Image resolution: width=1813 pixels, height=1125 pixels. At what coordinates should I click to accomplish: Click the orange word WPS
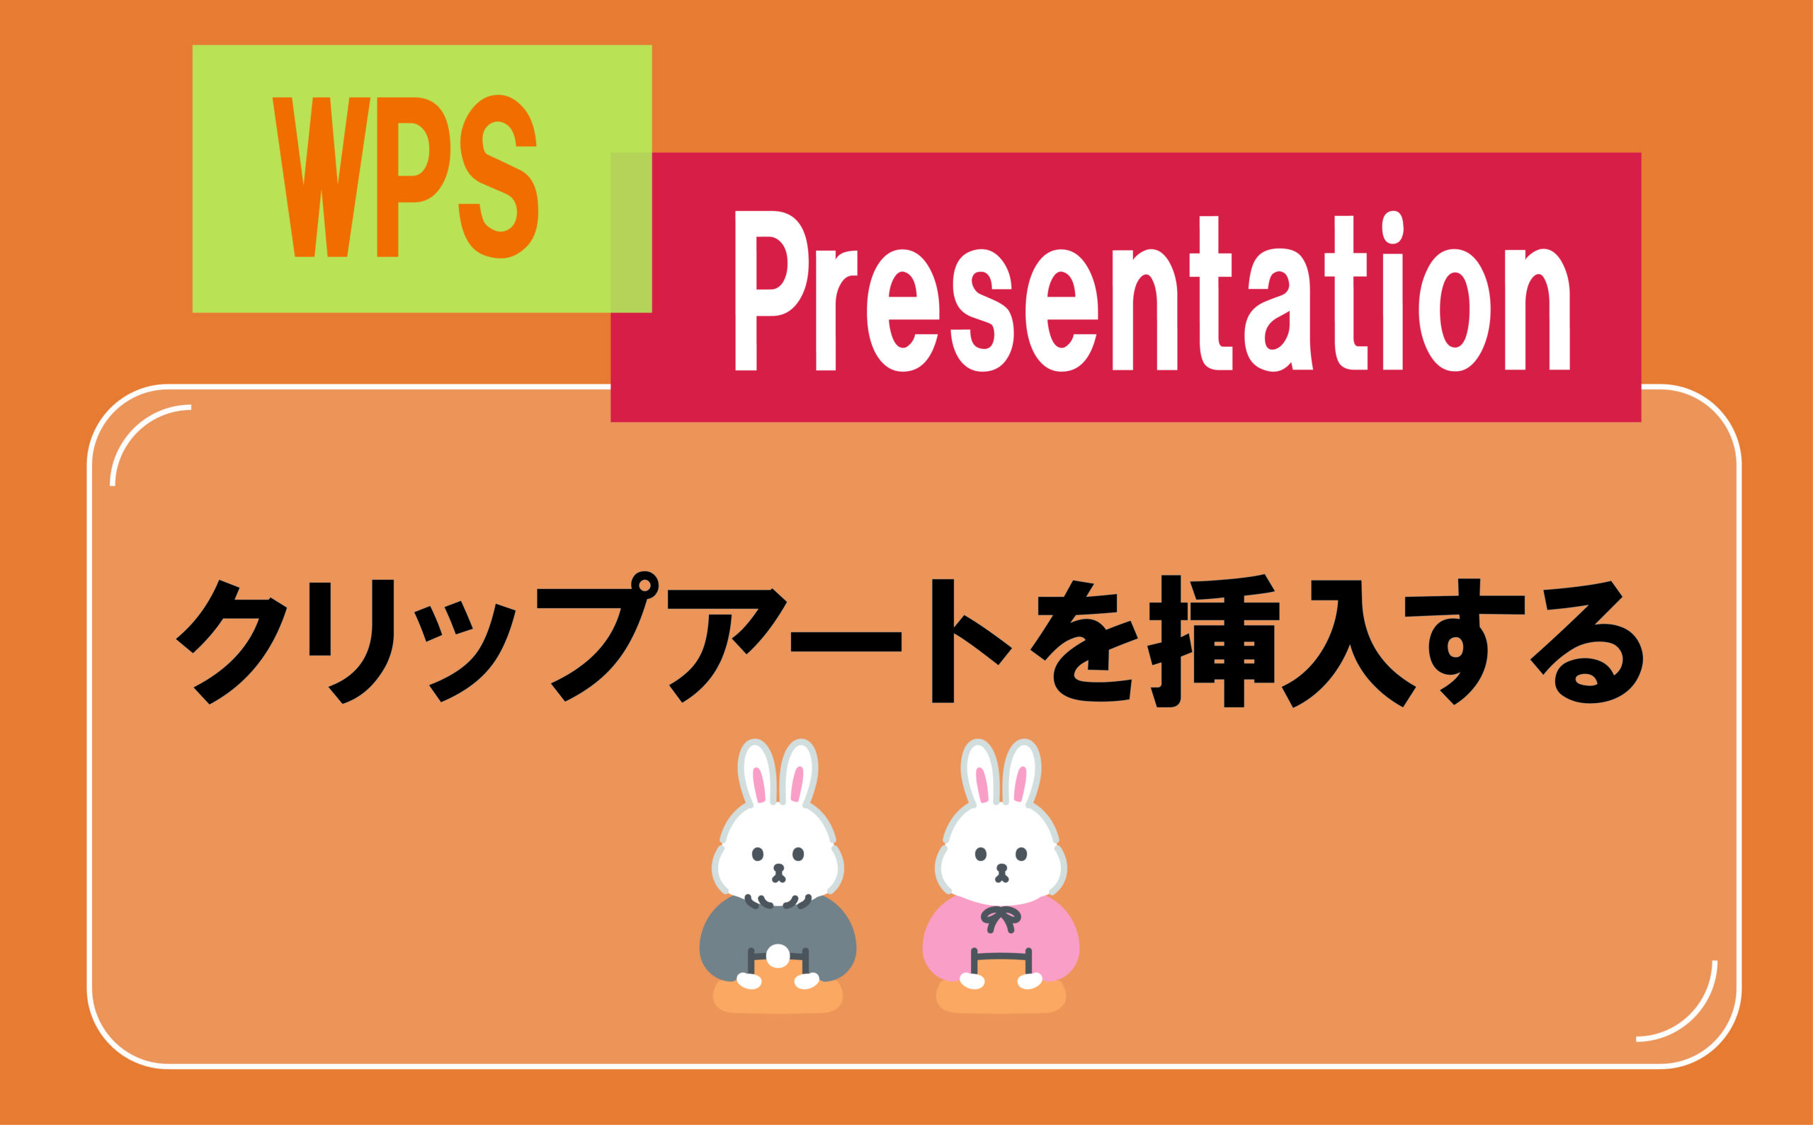pos(405,177)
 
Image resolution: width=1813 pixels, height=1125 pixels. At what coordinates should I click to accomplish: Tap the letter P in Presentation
pos(772,290)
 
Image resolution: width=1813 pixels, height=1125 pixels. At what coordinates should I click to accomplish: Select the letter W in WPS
pos(322,177)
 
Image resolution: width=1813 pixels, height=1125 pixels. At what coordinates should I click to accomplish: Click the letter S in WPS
pos(499,177)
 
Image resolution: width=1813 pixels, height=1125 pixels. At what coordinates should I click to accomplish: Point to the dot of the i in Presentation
pos(1392,227)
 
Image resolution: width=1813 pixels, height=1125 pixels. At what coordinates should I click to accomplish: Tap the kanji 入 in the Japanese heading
pos(1348,643)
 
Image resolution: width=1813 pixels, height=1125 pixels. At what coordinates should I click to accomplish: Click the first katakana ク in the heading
pos(232,641)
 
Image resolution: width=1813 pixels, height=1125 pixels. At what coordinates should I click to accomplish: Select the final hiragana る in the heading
pos(1585,641)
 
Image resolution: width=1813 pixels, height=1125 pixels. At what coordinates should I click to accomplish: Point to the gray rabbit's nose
pos(778,867)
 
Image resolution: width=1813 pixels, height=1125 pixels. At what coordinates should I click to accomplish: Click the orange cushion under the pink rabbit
pos(1001,998)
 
